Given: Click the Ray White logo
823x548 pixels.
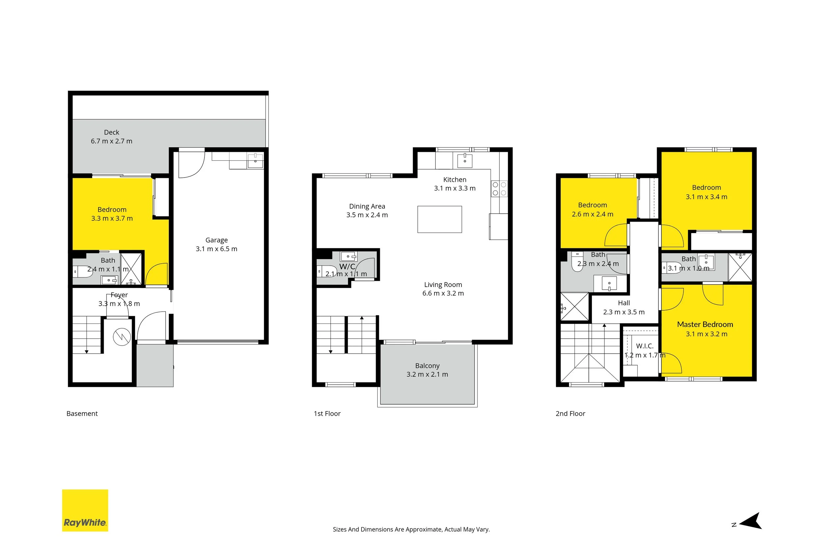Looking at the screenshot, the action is tap(85, 510).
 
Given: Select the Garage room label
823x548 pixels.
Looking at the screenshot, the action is tap(216, 240).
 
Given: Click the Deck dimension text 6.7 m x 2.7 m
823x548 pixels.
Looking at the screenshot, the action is tap(112, 141).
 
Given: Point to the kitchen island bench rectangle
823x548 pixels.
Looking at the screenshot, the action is tap(439, 219).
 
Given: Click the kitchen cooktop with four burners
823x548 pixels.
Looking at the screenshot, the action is tap(499, 188).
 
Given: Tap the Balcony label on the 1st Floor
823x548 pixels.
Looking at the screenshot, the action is tap(427, 366).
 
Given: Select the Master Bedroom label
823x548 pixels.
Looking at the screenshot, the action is tap(705, 324).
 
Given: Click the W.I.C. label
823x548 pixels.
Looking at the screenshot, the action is tap(645, 346).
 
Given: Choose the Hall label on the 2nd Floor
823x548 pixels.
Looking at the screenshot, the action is tap(624, 303).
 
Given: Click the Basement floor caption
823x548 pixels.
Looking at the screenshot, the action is tap(82, 414).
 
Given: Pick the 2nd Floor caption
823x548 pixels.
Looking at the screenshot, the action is tap(571, 414).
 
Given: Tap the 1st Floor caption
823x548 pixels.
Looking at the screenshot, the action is tap(327, 414).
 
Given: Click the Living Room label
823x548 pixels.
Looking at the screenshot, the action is tap(443, 285).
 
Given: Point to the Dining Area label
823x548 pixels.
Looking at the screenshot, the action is tap(367, 206).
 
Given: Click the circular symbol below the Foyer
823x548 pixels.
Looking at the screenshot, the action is tap(122, 337).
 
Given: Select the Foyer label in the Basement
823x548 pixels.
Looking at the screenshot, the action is tap(119, 295).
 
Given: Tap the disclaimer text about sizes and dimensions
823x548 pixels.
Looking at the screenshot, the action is tap(411, 530).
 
